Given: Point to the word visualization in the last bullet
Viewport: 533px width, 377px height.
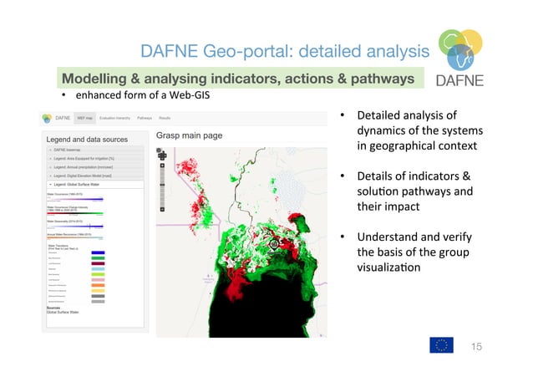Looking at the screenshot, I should coord(393,267).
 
